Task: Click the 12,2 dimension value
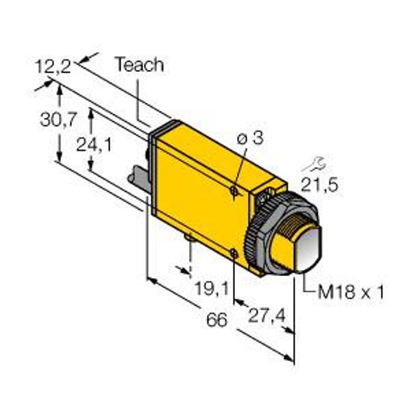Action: [53, 66]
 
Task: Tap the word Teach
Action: [140, 64]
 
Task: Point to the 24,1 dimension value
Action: [94, 145]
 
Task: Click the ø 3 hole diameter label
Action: [250, 138]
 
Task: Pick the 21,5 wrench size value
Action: [319, 184]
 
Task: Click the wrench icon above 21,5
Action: [314, 164]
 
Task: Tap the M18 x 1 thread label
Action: [351, 292]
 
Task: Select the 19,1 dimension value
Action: [212, 288]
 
